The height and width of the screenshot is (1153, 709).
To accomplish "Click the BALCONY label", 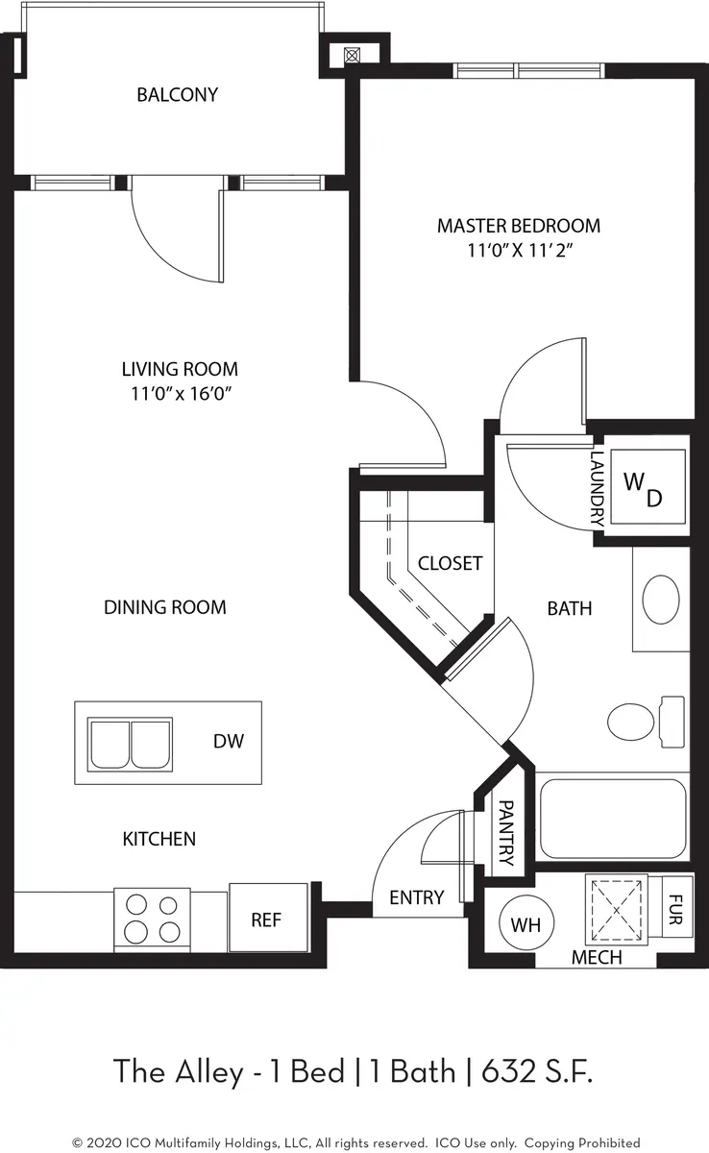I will pyautogui.click(x=177, y=95).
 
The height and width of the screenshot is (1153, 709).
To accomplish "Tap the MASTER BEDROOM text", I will pyautogui.click(x=518, y=226).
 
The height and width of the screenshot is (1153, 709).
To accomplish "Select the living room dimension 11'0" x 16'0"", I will pyautogui.click(x=180, y=393).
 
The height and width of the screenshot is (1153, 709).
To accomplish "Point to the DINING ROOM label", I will pyautogui.click(x=165, y=607).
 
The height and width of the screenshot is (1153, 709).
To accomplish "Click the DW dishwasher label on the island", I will pyautogui.click(x=229, y=741).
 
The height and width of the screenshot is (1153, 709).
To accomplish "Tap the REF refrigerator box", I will pyautogui.click(x=266, y=920).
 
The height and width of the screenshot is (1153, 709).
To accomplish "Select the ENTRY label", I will pyautogui.click(x=417, y=897).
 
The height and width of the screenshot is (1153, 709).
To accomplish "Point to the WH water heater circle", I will pyautogui.click(x=525, y=926).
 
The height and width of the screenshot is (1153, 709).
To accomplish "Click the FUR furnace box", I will pyautogui.click(x=677, y=902).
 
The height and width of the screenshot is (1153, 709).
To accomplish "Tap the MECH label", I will pyautogui.click(x=597, y=958).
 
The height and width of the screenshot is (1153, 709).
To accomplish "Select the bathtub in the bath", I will pyautogui.click(x=612, y=819).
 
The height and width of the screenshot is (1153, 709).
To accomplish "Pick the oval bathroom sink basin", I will pyautogui.click(x=660, y=601).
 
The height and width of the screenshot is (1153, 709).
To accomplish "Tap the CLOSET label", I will pyautogui.click(x=450, y=563).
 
